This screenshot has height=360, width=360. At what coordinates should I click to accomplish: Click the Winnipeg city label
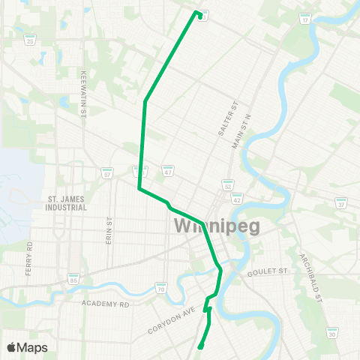point(217,226)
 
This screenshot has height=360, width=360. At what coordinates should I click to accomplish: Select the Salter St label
point(222,120)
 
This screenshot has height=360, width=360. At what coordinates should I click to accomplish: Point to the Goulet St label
point(268,276)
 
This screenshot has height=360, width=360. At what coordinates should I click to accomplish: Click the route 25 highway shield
point(30,40)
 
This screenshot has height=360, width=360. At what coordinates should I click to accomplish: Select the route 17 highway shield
point(304,19)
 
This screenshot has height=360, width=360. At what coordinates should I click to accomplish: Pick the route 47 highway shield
point(169,172)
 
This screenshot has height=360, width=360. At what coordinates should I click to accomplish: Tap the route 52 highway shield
point(227,184)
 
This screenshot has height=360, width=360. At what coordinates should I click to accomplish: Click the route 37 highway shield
point(341,203)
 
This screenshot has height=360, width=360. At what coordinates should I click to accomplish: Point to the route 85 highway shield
point(73,278)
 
